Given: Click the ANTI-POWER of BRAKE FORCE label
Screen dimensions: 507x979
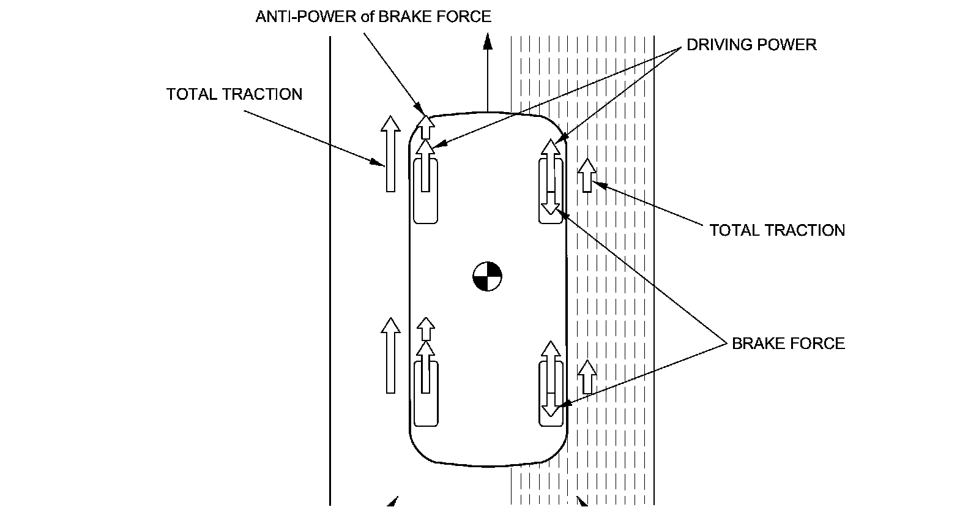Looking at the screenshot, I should [x=373, y=17].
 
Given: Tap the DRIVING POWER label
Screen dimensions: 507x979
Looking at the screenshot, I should [x=751, y=45].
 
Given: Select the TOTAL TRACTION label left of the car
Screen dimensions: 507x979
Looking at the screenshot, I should [x=234, y=94].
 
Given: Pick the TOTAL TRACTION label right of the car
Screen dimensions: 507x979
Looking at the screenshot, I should [x=777, y=230].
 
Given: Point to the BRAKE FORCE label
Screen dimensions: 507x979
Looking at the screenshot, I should [x=788, y=344].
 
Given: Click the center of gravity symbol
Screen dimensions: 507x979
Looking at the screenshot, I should [x=487, y=277].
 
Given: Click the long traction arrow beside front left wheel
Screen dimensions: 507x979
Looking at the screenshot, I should [x=390, y=154].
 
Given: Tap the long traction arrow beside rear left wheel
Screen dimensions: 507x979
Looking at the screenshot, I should [x=390, y=355].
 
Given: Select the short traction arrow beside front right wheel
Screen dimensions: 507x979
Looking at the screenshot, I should [x=587, y=175].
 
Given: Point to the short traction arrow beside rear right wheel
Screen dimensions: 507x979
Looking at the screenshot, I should [x=587, y=377].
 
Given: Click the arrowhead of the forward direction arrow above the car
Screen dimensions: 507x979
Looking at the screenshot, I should [x=488, y=41].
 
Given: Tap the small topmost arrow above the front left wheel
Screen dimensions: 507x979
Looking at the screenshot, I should [x=426, y=125].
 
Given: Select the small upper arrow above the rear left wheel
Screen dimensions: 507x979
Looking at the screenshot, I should [x=426, y=328].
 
